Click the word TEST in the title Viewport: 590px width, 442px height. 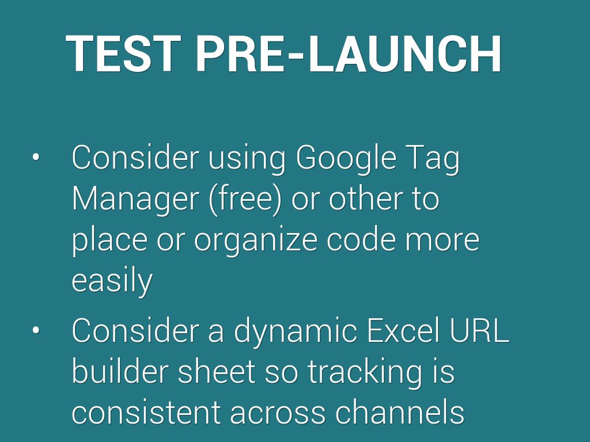click(x=123, y=54)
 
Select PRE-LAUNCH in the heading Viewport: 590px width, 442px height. click(x=349, y=54)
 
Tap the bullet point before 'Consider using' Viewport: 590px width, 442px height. click(x=36, y=157)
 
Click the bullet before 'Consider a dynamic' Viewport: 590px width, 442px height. click(x=36, y=330)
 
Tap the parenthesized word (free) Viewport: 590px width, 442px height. click(x=245, y=199)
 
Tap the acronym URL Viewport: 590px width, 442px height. click(x=479, y=331)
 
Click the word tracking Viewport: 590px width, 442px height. click(x=365, y=372)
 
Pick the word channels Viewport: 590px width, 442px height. click(x=400, y=412)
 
